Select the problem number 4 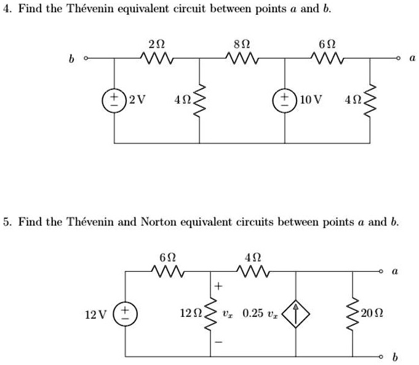click(x=6, y=10)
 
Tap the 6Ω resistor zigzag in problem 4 click(x=327, y=59)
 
